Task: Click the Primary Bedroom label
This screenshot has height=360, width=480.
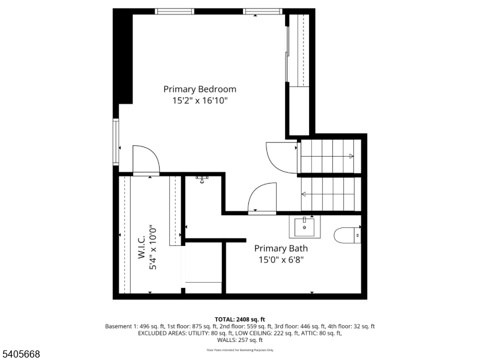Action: coord(200,89)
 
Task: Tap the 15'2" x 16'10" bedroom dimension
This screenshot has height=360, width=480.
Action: coord(200,101)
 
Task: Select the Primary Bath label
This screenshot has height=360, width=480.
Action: coord(281,248)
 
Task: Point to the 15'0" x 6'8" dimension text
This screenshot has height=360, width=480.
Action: coord(281,260)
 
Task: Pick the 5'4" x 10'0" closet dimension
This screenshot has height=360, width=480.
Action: coord(153,247)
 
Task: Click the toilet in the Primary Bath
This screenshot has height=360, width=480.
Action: coord(347,235)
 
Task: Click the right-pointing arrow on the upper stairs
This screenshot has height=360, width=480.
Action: coord(351,157)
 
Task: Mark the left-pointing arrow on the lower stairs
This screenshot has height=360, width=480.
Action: coord(304,194)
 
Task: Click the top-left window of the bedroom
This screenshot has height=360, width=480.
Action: coord(175,11)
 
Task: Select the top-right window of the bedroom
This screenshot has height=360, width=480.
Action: coord(263,11)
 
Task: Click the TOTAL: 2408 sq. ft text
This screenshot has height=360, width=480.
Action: coord(239,319)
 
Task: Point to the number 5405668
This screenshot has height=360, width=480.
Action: coord(21,355)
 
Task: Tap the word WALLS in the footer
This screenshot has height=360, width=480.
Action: coord(218,340)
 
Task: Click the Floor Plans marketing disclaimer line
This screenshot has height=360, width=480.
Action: coord(239,349)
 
